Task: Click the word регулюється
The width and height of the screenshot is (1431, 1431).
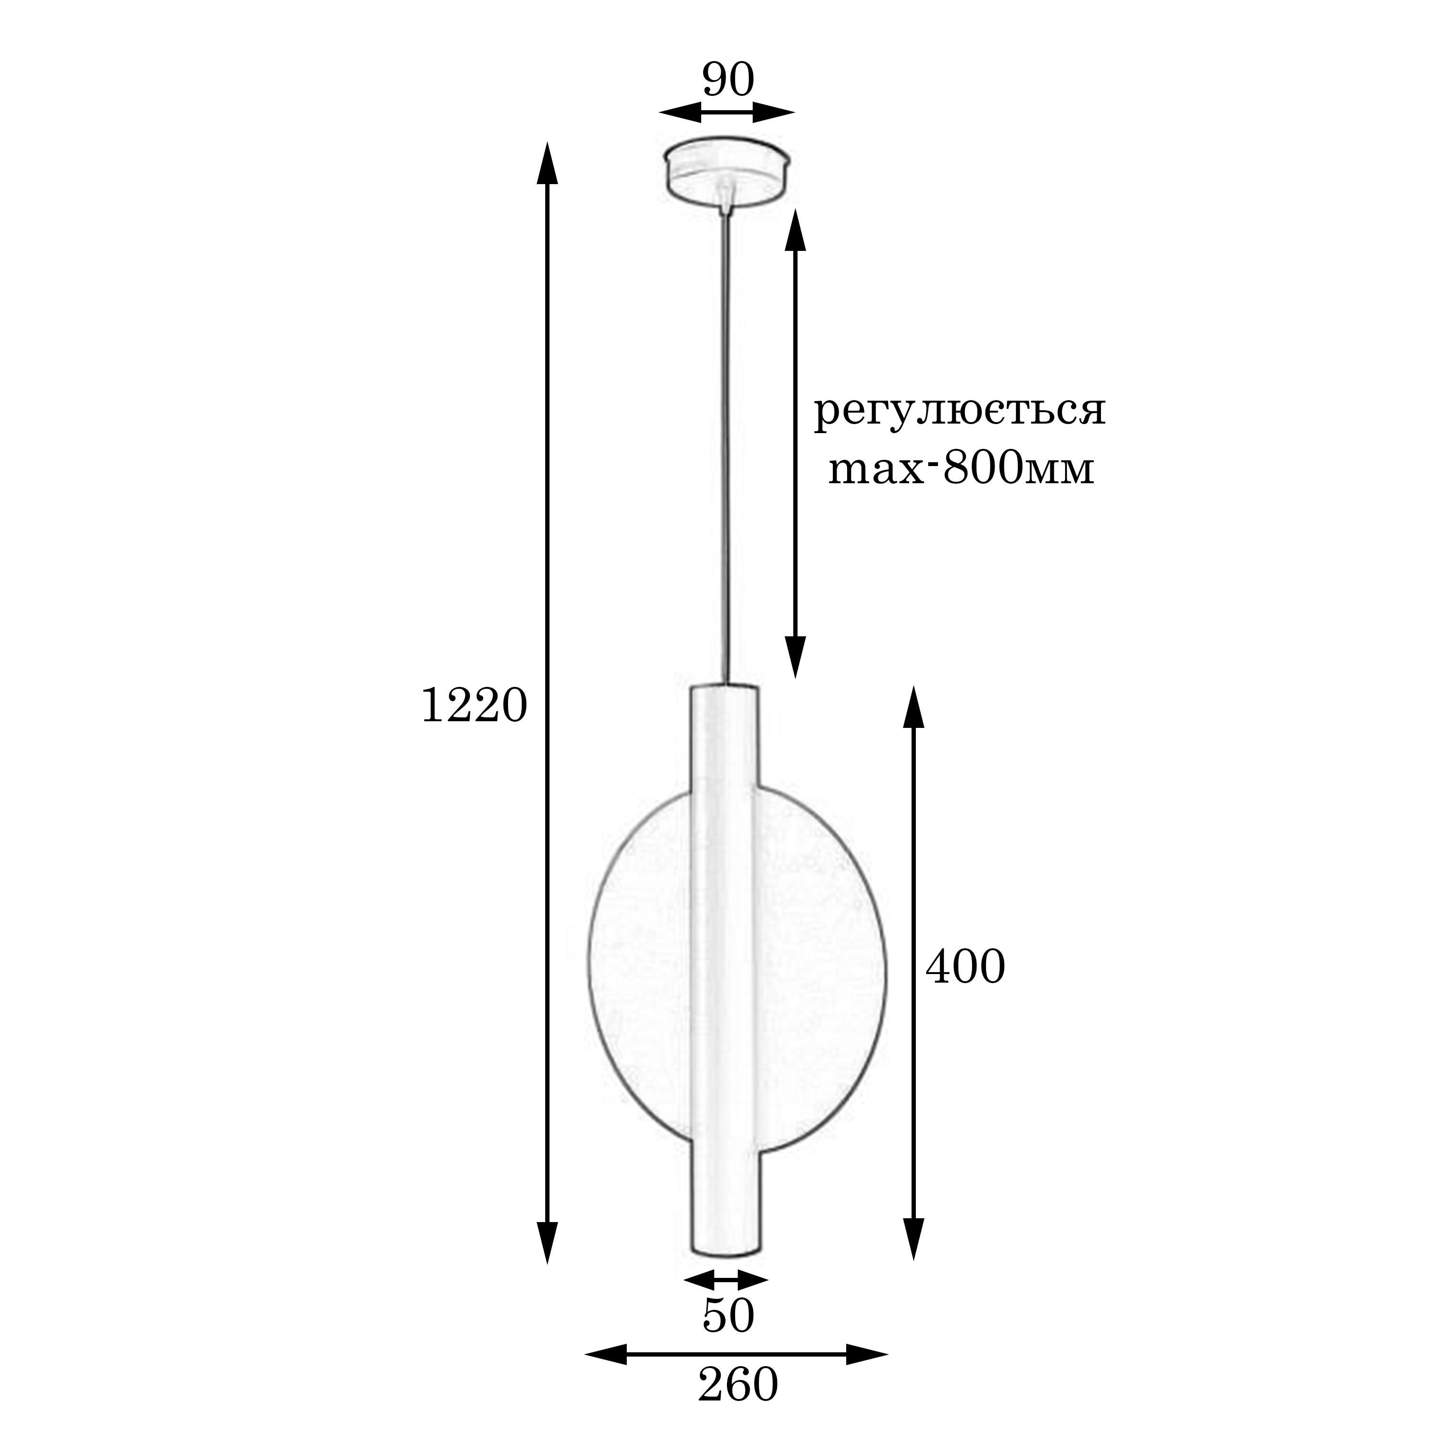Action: click(x=960, y=412)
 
